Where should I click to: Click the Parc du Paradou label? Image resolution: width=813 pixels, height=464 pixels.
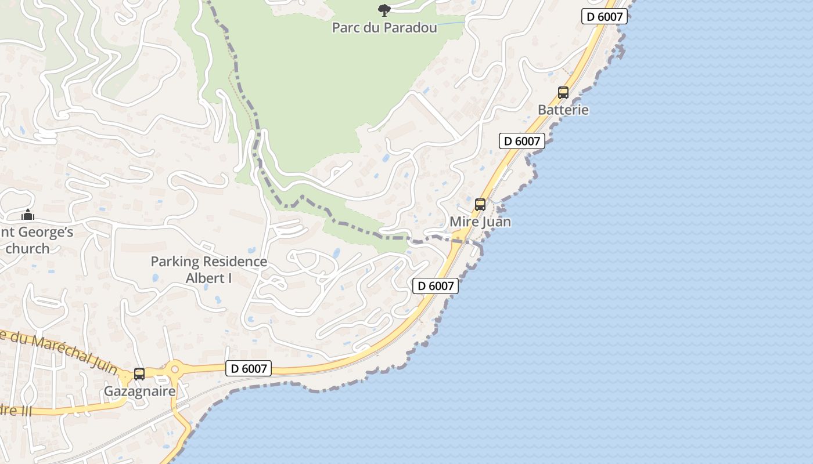click(x=384, y=27)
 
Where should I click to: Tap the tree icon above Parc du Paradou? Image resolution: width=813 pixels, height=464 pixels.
click(x=384, y=9)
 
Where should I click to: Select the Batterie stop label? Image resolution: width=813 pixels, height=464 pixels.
click(x=563, y=110)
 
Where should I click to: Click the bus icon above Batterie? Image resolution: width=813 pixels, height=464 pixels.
click(x=563, y=92)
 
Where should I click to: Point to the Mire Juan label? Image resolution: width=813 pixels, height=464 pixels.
click(x=480, y=222)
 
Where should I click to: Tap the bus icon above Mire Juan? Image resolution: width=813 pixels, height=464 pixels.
click(x=480, y=204)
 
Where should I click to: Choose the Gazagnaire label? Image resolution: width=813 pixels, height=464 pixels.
click(x=139, y=391)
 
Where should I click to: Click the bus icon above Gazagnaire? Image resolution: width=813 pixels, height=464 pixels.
click(x=139, y=374)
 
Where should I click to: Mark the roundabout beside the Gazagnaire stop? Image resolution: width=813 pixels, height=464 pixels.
click(x=174, y=368)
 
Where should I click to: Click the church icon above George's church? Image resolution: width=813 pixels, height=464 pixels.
click(x=27, y=215)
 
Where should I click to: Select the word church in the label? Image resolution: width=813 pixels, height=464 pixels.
click(x=27, y=248)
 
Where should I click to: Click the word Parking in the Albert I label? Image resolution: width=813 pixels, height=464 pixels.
click(x=175, y=262)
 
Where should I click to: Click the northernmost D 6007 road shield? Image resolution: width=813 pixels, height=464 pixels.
click(x=605, y=17)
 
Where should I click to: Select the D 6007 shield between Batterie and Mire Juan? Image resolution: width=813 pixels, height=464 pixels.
click(x=521, y=141)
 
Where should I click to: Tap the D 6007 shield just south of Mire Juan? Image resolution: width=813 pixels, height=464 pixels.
click(x=436, y=286)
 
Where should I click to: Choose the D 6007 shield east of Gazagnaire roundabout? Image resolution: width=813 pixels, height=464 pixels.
click(x=249, y=368)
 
